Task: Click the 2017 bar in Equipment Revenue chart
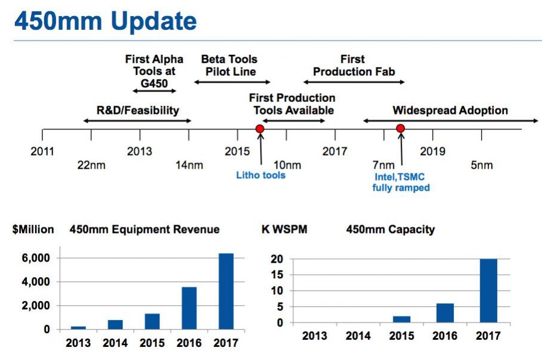(226, 291)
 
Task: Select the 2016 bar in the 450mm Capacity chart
(444, 313)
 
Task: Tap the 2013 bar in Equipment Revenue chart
(78, 327)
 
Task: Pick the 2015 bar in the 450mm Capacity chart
(401, 319)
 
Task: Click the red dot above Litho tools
(259, 129)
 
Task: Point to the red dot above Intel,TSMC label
(401, 129)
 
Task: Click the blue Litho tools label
(261, 175)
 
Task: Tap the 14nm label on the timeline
(190, 165)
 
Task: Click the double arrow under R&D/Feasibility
(137, 121)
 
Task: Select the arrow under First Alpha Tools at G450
(154, 91)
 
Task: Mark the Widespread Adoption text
(450, 110)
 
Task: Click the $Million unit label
(33, 229)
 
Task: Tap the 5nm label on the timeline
(482, 165)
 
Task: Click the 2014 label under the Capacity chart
(358, 336)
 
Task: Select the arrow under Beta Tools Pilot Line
(232, 82)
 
